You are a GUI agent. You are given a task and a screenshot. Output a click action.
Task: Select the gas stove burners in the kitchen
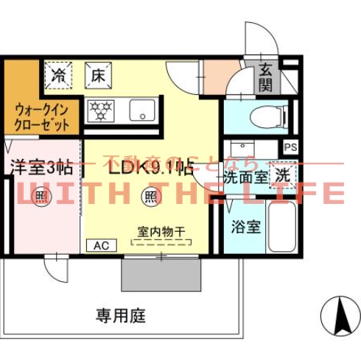coord(99,111)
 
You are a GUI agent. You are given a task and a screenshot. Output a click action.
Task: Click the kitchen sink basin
coord(141,110)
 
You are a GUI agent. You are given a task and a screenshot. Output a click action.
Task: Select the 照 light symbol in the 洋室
coord(41,197)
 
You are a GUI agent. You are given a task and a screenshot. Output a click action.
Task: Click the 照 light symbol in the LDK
coord(149,197)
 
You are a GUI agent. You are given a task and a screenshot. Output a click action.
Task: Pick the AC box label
coord(99,246)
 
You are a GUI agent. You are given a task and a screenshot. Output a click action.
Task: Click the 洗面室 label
coord(245,177)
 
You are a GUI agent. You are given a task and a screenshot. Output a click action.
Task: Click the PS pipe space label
coord(291,147)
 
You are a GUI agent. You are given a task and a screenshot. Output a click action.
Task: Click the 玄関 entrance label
coord(266,77)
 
